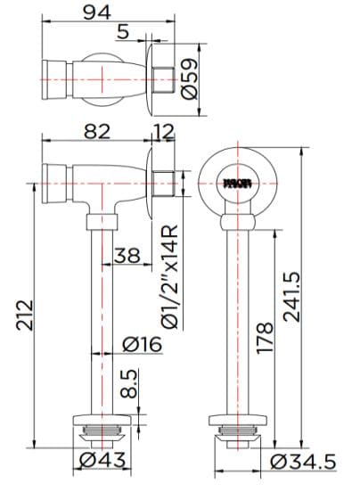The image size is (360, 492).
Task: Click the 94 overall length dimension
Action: click(x=98, y=12)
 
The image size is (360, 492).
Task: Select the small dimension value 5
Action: click(x=124, y=32)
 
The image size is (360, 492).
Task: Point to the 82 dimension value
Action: click(x=98, y=131)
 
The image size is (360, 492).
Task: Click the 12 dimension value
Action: click(x=165, y=131)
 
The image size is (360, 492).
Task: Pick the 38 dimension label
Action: click(x=128, y=255)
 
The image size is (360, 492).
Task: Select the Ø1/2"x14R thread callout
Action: click(x=169, y=276)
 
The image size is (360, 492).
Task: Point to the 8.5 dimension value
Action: click(x=130, y=385)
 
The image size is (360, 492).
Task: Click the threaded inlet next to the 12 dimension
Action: click(x=162, y=184)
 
